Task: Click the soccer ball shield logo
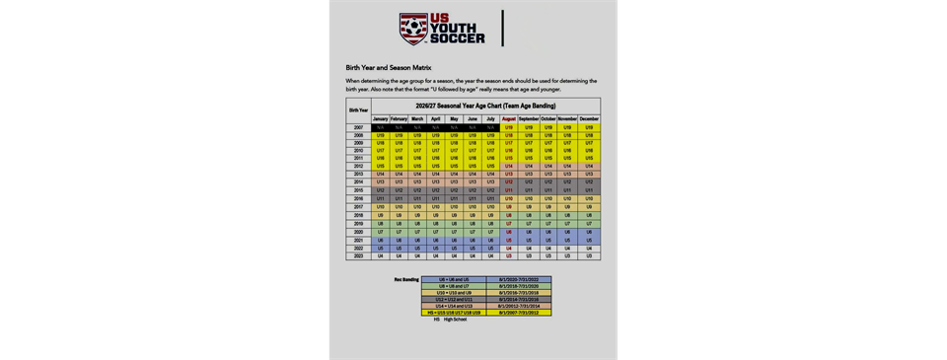[x=414, y=30]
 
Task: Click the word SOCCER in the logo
[x=458, y=38]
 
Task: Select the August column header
[x=509, y=118]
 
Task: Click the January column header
[x=380, y=118]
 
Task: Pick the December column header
[x=589, y=118]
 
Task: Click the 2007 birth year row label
[x=358, y=127]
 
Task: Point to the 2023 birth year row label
[x=358, y=256]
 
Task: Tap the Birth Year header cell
[x=358, y=110]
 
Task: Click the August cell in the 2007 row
[x=509, y=127]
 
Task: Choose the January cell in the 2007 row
[x=380, y=127]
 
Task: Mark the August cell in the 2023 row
[x=509, y=256]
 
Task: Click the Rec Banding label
[x=406, y=279]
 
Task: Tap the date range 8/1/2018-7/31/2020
[x=518, y=286]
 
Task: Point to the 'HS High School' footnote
[x=451, y=320]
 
